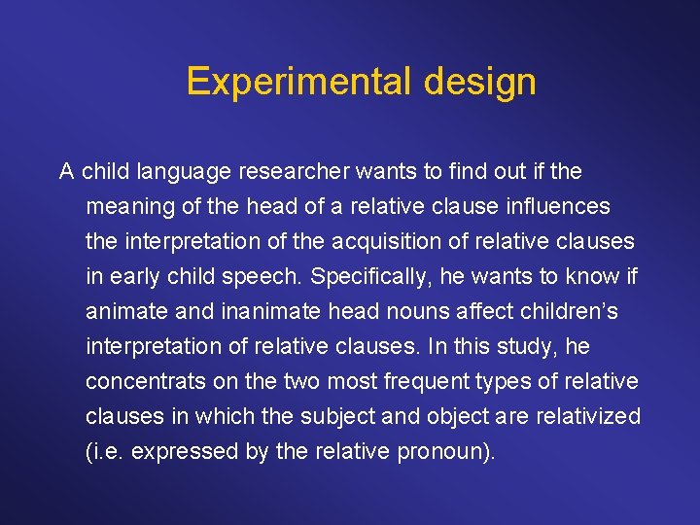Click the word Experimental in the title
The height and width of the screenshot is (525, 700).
pyautogui.click(x=299, y=82)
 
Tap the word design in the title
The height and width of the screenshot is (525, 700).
pyautogui.click(x=479, y=82)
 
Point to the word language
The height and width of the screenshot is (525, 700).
pyautogui.click(x=184, y=172)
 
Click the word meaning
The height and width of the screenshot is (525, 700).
pyautogui.click(x=126, y=207)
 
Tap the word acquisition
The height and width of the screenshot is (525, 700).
pyautogui.click(x=407, y=242)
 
